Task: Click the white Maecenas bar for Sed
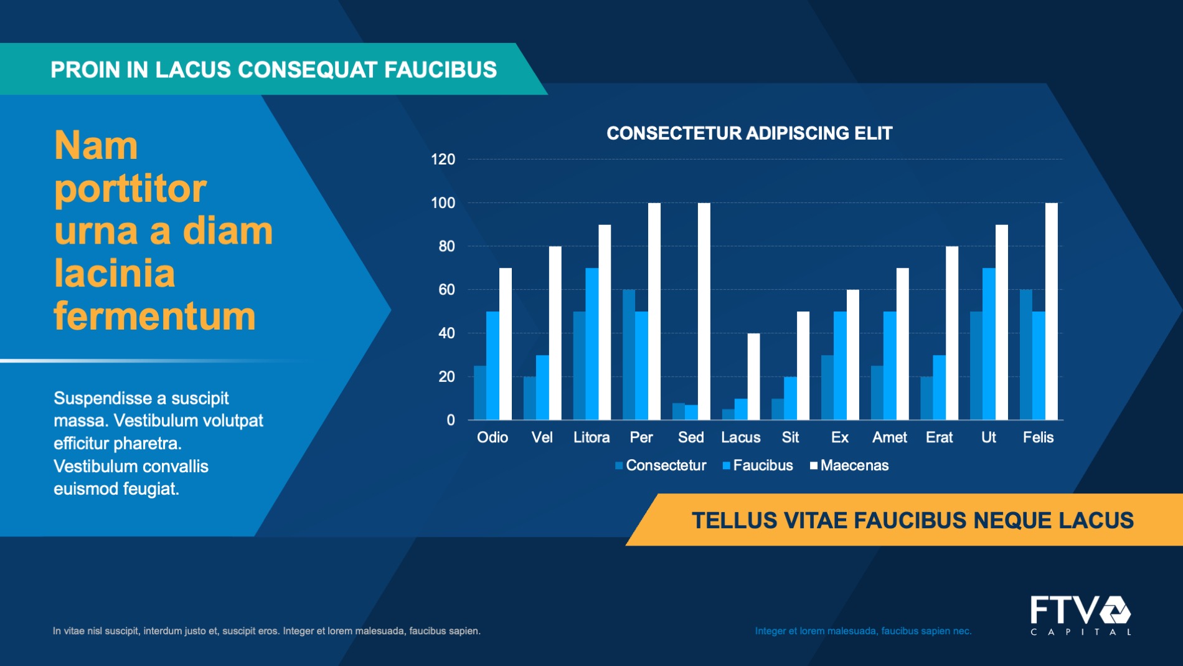coord(704,312)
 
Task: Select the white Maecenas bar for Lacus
coord(753,376)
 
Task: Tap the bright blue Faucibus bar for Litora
coord(591,344)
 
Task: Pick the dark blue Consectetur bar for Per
coord(629,354)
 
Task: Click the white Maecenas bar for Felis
coord(1051,312)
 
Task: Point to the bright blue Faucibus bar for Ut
coord(989,344)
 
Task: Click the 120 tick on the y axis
coord(443,159)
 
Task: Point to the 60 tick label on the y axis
coord(446,290)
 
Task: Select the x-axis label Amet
coord(889,437)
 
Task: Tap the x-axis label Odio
coord(492,437)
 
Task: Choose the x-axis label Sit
coord(790,437)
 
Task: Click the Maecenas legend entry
coord(849,465)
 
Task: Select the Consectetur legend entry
coord(661,465)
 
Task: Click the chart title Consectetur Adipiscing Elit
coord(750,133)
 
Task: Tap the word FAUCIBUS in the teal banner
coord(440,70)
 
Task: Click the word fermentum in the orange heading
coord(154,316)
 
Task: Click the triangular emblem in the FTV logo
coord(1115,610)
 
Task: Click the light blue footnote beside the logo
coord(863,631)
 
